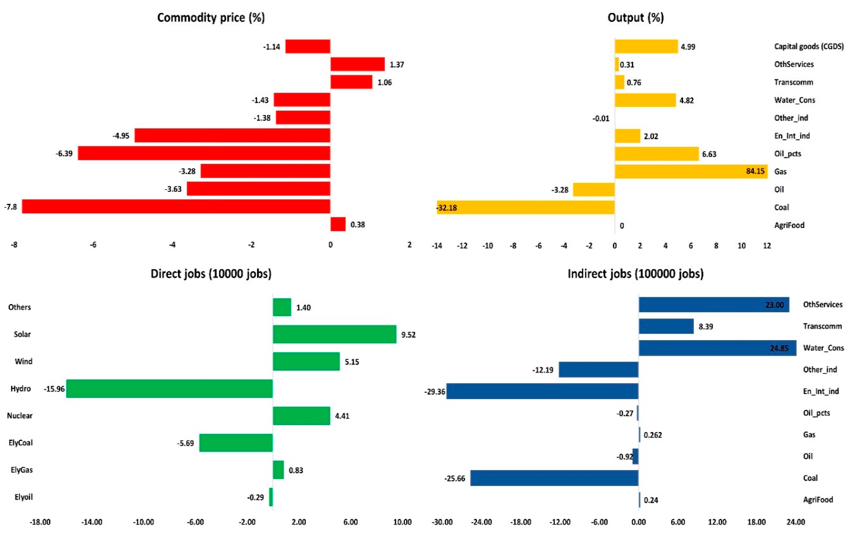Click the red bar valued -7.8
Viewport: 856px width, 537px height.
coord(176,206)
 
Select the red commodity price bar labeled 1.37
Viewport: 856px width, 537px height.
coord(357,64)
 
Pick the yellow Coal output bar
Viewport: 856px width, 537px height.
coord(526,207)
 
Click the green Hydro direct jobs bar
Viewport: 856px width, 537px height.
coord(170,389)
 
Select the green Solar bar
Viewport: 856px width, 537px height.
coord(334,334)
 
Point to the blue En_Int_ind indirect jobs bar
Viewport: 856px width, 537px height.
coord(542,391)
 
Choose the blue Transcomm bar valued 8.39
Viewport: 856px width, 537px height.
coord(666,326)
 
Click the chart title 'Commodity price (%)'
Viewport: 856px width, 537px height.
coord(211,17)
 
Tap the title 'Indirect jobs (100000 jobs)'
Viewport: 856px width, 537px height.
coord(636,274)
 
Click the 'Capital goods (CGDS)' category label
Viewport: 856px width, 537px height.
coord(809,46)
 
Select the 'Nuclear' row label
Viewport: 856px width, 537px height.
coord(20,416)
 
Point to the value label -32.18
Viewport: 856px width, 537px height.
coord(447,208)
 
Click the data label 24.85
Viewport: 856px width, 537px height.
coord(779,348)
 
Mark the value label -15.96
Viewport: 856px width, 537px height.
coord(54,389)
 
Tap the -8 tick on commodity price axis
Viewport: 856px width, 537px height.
coord(14,245)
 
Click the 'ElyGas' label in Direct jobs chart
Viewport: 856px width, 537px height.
coord(22,470)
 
